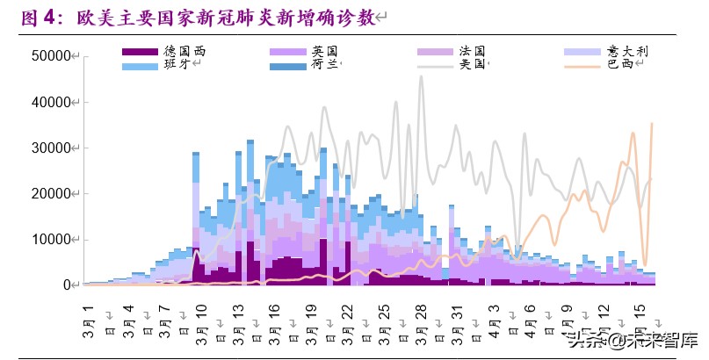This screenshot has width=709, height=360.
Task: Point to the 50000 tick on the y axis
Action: coord(52,56)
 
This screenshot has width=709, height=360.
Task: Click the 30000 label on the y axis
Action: coord(52,148)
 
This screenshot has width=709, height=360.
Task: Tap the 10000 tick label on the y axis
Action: coord(52,239)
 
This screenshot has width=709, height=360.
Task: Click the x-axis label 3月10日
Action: coord(201,320)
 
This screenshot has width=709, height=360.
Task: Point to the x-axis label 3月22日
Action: coord(347,320)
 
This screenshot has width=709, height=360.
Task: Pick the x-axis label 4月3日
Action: coord(493,320)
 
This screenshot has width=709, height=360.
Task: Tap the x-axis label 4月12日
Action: coord(603,320)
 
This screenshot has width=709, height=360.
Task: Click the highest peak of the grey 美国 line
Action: coord(421,76)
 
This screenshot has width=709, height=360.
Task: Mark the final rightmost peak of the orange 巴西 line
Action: coord(651,124)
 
